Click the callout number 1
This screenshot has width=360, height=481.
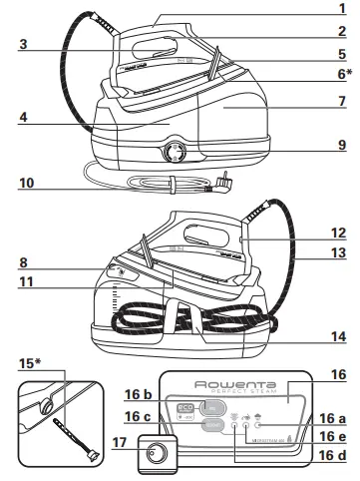point(341,10)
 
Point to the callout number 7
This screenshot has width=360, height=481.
point(341,102)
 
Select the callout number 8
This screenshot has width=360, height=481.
point(24,264)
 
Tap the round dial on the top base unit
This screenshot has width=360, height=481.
point(176,152)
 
